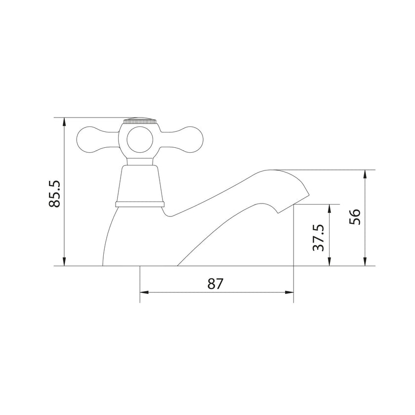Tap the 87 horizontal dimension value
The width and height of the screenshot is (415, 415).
click(215, 284)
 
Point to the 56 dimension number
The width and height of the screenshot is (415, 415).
click(355, 216)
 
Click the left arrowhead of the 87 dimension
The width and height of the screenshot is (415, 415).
click(144, 292)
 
